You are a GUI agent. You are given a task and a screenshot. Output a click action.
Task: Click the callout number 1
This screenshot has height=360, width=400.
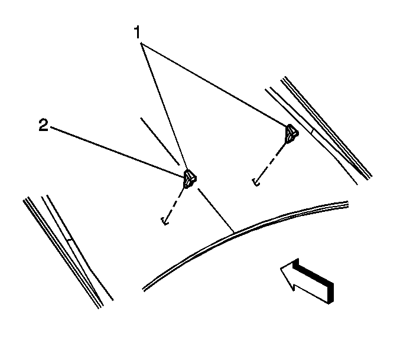point(137,32)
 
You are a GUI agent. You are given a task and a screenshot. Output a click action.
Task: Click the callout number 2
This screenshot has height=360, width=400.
point(43,125)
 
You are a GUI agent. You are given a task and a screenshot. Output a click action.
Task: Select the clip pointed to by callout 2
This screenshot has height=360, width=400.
point(190,179)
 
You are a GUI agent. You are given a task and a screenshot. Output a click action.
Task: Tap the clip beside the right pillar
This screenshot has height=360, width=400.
point(291,134)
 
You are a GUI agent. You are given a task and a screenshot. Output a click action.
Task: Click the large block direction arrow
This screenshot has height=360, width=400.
point(307,282)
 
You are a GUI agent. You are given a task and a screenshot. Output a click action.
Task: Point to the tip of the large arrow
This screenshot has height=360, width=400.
point(281,269)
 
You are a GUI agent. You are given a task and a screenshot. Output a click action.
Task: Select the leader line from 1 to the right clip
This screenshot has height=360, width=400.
point(214,84)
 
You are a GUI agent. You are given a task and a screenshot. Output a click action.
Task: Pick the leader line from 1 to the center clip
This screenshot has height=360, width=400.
point(164,106)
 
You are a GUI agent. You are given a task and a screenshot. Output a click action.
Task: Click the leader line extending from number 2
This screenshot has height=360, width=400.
point(117,152)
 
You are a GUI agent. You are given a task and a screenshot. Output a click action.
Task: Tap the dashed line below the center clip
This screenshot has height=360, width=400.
point(175,203)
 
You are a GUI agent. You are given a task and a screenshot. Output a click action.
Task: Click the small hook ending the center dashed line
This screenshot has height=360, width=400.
point(165,221)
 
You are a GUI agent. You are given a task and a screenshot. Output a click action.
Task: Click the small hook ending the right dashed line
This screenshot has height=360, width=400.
point(256,182)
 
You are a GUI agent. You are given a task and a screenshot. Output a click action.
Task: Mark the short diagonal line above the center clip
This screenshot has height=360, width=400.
point(160,142)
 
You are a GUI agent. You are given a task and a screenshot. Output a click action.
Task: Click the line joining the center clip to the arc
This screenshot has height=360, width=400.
point(216,211)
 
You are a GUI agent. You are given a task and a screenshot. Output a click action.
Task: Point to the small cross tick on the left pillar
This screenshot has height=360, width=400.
point(70,240)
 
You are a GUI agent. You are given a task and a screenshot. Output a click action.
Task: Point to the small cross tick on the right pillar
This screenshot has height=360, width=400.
point(312,132)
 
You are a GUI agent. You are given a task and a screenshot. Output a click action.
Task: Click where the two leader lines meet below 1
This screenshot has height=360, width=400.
point(141,43)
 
